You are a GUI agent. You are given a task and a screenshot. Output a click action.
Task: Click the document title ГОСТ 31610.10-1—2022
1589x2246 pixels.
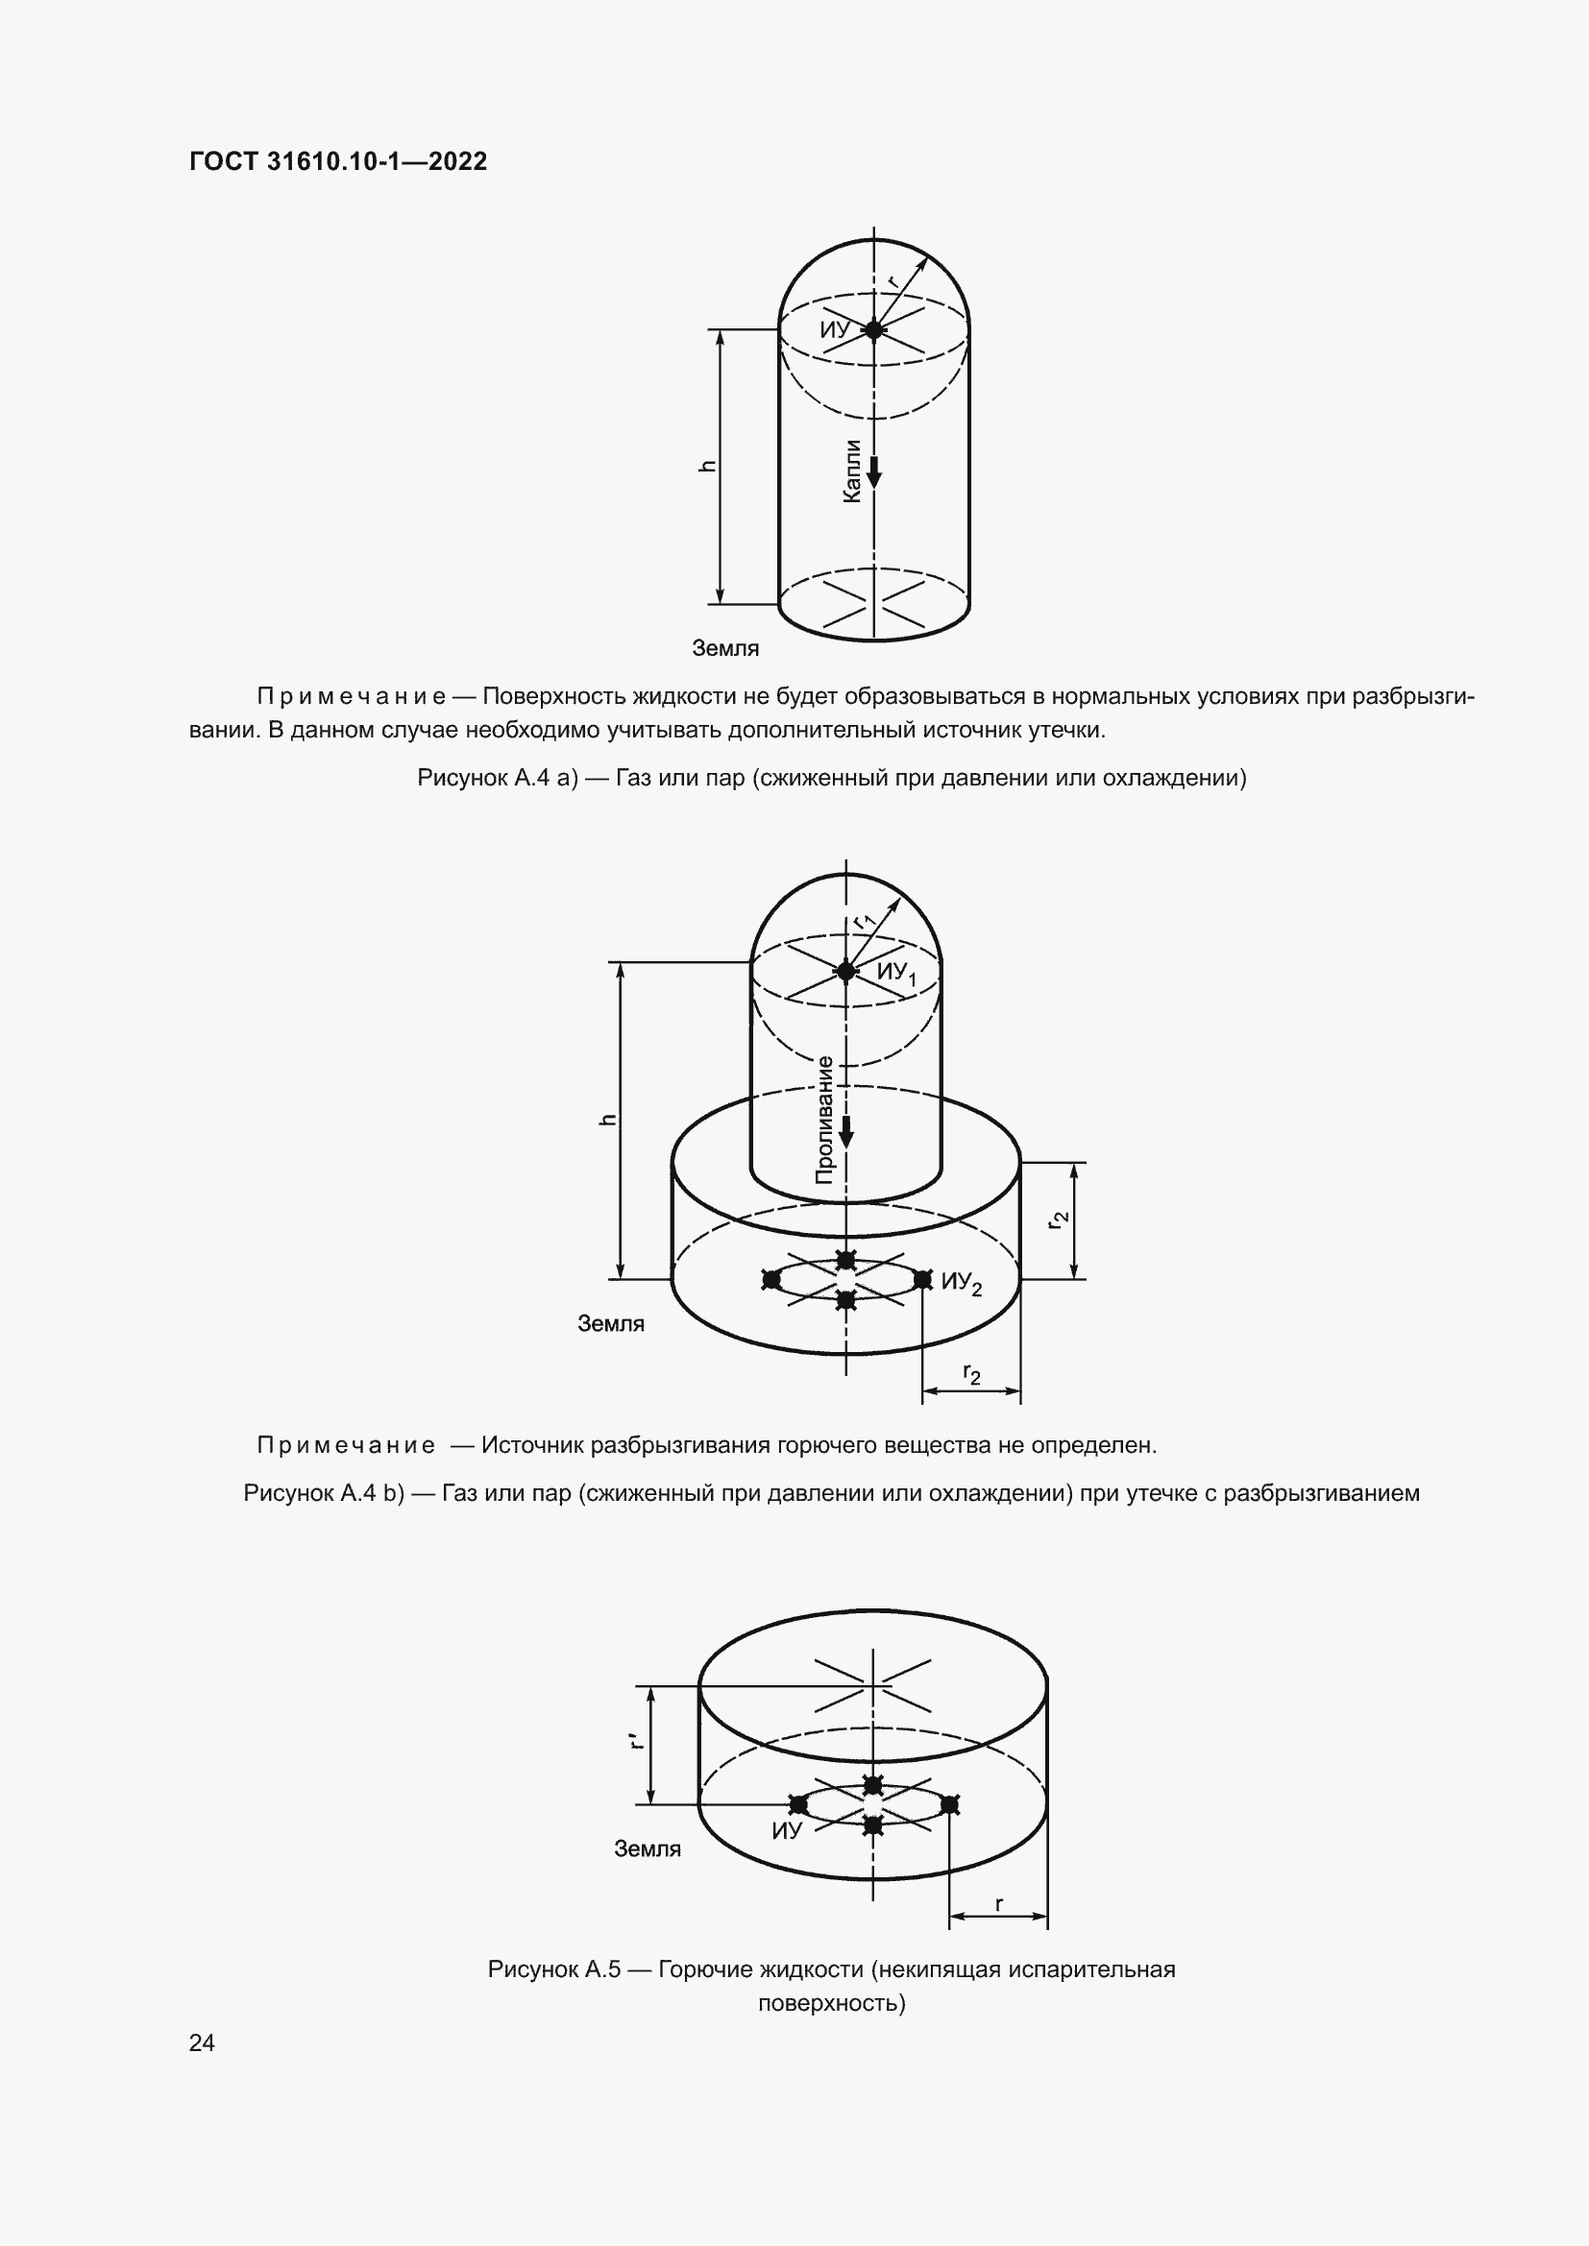coord(337,161)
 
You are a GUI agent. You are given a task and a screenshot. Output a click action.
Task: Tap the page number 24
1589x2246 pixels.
coord(202,2042)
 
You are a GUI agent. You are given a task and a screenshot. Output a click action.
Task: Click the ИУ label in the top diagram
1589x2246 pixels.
coord(835,329)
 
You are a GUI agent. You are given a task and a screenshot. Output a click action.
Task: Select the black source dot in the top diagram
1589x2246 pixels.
coord(873,329)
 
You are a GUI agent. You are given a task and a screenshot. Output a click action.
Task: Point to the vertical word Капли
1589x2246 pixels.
coord(852,471)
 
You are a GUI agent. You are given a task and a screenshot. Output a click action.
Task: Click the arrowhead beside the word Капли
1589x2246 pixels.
coord(873,476)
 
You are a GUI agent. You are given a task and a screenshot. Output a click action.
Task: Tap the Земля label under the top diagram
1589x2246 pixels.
coord(725,647)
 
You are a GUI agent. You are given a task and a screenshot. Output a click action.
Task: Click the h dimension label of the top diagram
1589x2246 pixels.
coord(707,467)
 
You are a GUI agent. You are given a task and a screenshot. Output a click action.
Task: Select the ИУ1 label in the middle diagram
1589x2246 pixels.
coord(896,973)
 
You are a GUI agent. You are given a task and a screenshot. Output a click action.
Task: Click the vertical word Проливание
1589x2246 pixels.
coord(825,1120)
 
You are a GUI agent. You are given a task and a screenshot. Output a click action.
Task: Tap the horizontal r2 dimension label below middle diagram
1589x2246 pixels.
coord(971,1373)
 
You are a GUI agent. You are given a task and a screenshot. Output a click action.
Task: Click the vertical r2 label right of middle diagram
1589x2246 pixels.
coord(1058,1220)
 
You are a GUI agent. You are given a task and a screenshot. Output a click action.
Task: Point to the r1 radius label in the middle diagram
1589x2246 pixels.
coord(863,920)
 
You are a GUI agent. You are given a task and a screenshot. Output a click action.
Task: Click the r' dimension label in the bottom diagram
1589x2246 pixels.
coord(637,1740)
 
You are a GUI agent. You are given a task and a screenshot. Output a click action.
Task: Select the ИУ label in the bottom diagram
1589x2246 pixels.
coord(787,1831)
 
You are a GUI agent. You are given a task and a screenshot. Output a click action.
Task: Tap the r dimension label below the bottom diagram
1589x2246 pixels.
coord(998,1903)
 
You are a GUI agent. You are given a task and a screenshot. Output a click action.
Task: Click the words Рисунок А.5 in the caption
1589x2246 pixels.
coord(553,1969)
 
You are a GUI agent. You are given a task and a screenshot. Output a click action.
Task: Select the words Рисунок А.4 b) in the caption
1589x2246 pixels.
coord(324,1493)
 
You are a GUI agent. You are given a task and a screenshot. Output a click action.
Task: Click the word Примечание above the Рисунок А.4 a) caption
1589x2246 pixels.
coord(352,696)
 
